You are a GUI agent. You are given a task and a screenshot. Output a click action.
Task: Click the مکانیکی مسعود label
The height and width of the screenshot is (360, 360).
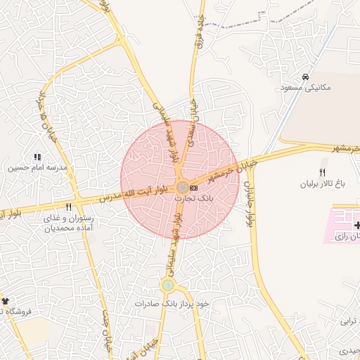[305, 88]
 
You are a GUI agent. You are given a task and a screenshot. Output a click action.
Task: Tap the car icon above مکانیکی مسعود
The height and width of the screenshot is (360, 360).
[305, 77]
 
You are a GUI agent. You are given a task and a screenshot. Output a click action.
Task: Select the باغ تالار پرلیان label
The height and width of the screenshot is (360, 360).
[323, 184]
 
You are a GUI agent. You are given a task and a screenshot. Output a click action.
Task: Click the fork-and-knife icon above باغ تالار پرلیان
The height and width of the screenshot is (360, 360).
[323, 172]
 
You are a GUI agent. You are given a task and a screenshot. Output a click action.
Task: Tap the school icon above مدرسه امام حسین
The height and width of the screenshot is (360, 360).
[37, 157]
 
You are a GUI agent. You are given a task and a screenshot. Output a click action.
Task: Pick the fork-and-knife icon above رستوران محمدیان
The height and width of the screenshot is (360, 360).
[68, 207]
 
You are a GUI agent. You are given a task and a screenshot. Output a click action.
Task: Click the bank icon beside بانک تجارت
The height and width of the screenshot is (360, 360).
[194, 188]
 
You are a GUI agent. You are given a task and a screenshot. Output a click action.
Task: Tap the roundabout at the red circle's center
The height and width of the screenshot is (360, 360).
[181, 188]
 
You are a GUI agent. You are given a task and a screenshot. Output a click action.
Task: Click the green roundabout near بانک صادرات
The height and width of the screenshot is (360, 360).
[167, 285]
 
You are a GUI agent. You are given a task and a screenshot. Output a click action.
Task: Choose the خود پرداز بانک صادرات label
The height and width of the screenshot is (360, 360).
[173, 303]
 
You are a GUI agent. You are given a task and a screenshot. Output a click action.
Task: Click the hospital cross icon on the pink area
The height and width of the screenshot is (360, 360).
[358, 225]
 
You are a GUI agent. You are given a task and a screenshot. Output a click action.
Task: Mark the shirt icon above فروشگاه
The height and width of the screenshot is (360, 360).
[4, 300]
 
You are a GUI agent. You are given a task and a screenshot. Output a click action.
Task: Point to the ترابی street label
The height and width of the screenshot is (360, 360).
[349, 322]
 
